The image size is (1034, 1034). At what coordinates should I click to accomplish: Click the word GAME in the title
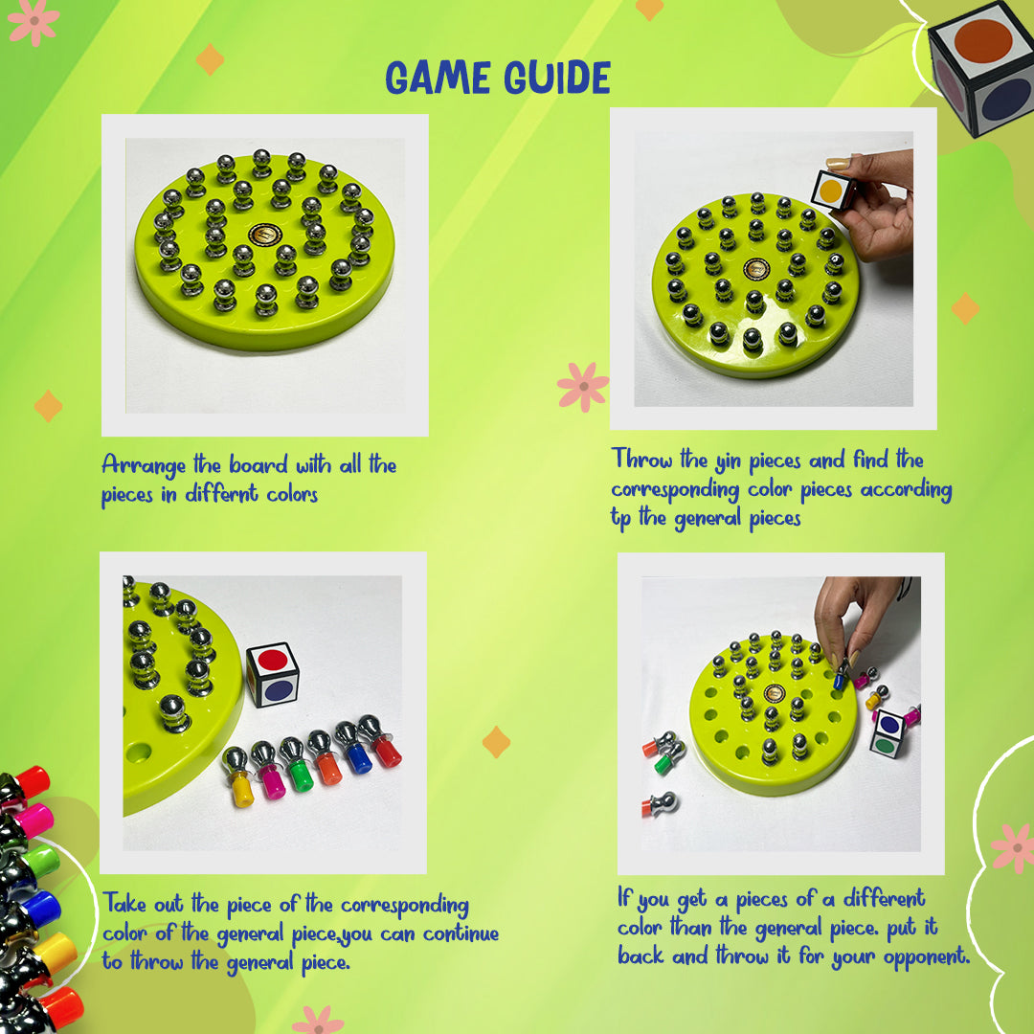point(438,78)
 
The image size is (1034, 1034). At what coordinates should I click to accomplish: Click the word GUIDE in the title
point(558,78)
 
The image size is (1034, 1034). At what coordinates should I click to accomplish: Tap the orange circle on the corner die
point(982,41)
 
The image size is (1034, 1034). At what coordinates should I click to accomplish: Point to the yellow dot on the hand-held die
point(830,191)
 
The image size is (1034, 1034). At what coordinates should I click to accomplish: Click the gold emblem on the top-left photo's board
point(265,235)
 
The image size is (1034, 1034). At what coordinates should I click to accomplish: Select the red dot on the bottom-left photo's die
point(272,660)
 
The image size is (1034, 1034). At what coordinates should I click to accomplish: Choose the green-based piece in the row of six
point(297,764)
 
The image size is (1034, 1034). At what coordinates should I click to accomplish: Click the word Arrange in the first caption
point(144,466)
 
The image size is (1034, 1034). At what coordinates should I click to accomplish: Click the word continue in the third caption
point(461,933)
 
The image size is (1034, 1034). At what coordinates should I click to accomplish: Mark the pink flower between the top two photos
point(583,387)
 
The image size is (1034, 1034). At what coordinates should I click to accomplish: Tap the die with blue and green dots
point(887,734)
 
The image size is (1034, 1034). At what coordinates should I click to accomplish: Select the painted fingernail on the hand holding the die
point(838,163)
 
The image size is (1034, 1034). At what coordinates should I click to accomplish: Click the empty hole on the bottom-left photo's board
point(138,753)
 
